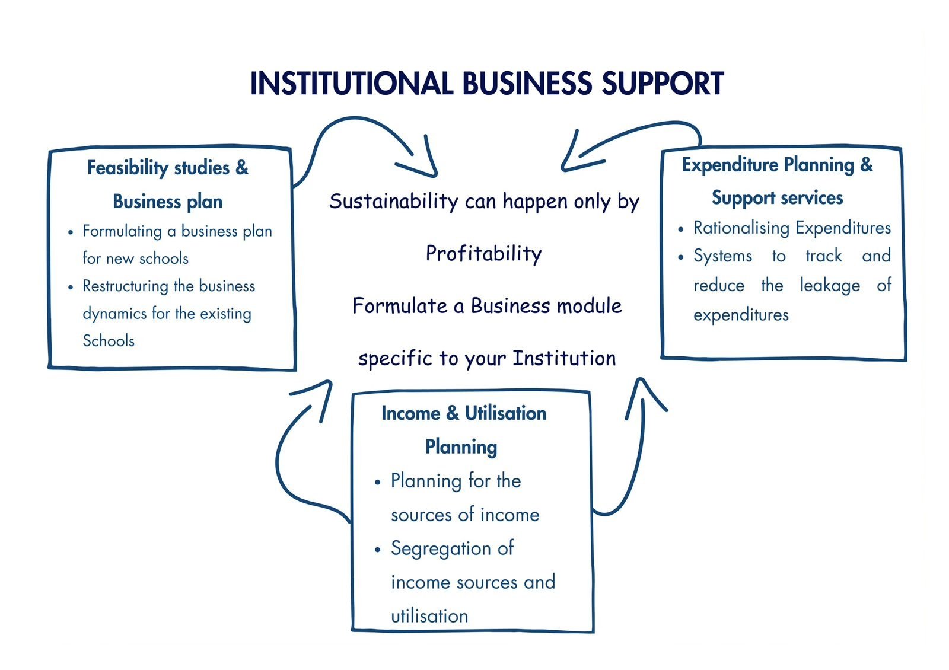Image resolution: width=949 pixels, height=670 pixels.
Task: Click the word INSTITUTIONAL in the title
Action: [x=351, y=84]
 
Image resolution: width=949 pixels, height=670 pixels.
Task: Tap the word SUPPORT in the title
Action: [x=663, y=84]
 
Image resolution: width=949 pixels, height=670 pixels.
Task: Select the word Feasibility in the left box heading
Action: [x=128, y=168]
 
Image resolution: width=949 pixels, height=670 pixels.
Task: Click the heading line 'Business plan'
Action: [x=168, y=202]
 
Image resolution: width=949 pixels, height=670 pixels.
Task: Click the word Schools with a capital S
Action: [x=109, y=341]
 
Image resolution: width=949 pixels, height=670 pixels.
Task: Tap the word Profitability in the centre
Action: [x=484, y=254]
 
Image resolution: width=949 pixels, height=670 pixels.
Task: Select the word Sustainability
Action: [x=394, y=202]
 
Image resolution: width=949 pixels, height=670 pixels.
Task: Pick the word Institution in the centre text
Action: [x=564, y=358]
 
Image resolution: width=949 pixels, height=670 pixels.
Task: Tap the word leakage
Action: [x=830, y=286]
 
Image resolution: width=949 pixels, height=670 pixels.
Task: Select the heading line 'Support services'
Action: [x=777, y=197]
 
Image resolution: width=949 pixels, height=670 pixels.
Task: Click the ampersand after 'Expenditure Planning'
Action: [x=867, y=164]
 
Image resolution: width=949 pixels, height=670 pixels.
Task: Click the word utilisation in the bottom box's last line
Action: [x=429, y=616]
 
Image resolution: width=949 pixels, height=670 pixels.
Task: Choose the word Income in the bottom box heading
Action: [x=411, y=413]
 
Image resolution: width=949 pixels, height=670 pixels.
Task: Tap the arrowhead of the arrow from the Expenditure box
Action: [x=566, y=166]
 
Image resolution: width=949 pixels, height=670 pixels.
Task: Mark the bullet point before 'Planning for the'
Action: [x=378, y=482]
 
